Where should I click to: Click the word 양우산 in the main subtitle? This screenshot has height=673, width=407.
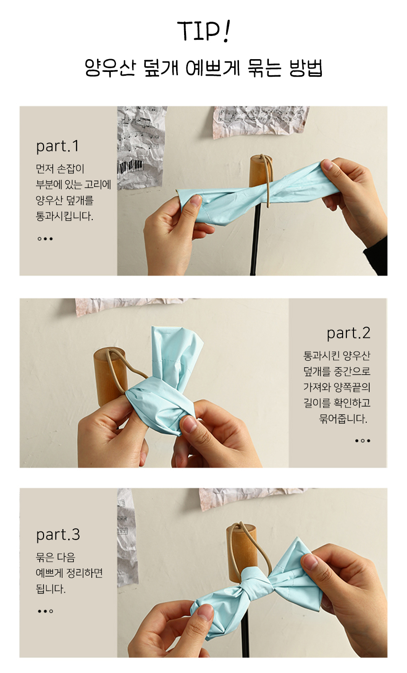[110, 68]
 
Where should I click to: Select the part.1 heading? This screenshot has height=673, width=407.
[57, 146]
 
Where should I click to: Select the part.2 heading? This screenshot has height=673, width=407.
[348, 333]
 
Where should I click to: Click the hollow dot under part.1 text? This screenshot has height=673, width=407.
[39, 239]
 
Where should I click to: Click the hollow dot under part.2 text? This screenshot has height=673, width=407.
[363, 441]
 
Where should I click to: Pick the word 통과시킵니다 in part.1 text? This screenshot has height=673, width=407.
[64, 216]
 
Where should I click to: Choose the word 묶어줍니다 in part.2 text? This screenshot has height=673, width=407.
[343, 418]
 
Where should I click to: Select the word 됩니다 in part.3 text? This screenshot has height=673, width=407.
[51, 589]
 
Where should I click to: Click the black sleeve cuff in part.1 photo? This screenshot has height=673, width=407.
[375, 260]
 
